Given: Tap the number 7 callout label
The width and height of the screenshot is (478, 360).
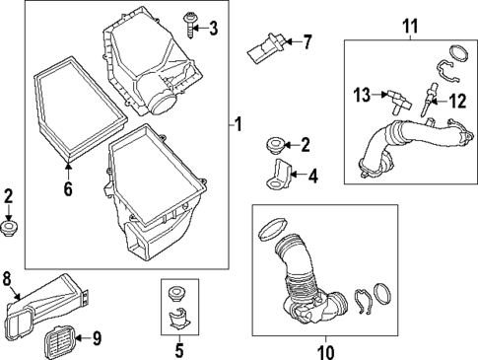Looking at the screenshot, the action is click(307, 42).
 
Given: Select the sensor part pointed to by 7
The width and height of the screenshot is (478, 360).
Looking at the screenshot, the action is click(266, 48).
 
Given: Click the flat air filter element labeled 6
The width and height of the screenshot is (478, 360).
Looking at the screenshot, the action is click(81, 109).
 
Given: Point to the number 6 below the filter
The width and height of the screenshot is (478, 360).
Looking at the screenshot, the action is click(68, 188).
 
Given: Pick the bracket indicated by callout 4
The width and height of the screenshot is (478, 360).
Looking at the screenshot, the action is click(278, 175).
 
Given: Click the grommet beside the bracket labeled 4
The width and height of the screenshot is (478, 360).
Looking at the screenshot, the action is click(276, 145).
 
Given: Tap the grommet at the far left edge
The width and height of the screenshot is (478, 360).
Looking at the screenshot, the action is click(9, 229).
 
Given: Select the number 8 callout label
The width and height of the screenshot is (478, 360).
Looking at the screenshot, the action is click(7, 279).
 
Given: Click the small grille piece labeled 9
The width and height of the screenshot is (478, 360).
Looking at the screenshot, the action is click(60, 342).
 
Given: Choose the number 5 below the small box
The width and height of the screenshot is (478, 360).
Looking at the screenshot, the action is click(179, 350).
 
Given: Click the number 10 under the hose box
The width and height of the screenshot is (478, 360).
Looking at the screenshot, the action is click(325, 352).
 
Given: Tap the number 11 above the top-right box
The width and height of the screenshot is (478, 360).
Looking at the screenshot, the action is click(410, 26).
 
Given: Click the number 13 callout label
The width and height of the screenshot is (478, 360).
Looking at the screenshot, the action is click(362, 96).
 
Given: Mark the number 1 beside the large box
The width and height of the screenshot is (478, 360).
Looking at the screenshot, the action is click(238, 124).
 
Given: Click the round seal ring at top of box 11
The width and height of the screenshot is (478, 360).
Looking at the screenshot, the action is click(458, 54).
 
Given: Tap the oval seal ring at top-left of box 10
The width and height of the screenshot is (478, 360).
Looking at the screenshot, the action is click(273, 229).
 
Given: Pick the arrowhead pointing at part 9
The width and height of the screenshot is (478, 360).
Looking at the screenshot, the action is click(79, 337).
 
